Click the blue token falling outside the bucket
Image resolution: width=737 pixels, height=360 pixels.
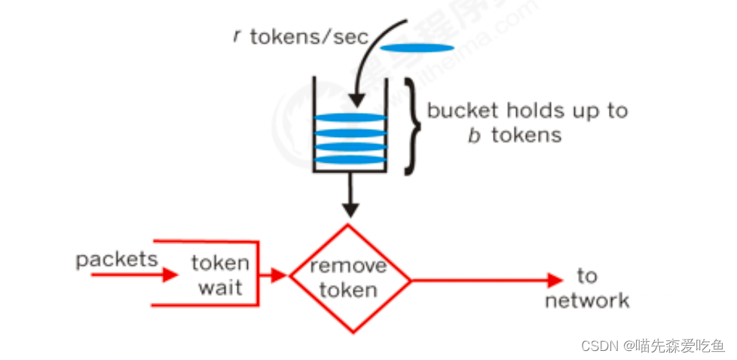tap(417, 48)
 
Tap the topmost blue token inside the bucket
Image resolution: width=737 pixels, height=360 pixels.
tap(350, 118)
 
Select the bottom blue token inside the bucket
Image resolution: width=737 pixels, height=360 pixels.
tap(350, 159)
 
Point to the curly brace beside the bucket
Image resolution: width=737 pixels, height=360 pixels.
tap(413, 124)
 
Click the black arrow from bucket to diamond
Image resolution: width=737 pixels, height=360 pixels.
tap(349, 197)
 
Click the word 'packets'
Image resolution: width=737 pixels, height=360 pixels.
tap(117, 260)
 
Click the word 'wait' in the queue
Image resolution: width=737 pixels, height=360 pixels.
tap(220, 288)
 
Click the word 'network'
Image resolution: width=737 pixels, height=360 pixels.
tap(587, 301)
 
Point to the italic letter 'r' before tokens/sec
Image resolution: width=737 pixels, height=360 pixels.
tap(237, 36)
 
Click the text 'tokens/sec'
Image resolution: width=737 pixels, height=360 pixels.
tap(309, 37)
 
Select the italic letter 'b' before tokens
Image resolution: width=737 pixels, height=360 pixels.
tap(474, 136)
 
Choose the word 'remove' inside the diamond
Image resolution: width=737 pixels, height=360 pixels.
tap(348, 265)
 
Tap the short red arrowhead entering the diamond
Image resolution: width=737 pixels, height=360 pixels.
tap(280, 276)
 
